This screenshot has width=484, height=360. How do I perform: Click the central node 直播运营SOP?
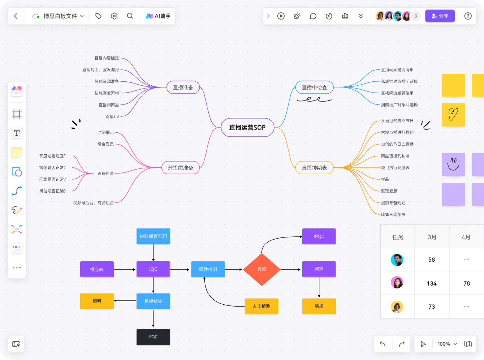[247, 128]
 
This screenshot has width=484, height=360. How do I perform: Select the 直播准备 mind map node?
[183, 87]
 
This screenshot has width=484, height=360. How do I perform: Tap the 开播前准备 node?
[181, 168]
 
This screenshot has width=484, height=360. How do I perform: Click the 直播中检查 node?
[314, 87]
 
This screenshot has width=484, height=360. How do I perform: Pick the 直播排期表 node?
[314, 168]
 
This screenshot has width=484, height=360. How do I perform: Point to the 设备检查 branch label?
[105, 173]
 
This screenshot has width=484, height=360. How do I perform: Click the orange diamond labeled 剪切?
[262, 269]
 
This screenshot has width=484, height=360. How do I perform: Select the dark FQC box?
[153, 337]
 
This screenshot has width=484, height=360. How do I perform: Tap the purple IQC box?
[153, 269]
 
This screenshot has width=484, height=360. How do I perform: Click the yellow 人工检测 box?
[262, 306]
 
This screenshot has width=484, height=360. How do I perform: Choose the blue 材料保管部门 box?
[153, 236]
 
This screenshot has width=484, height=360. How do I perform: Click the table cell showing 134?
[432, 283]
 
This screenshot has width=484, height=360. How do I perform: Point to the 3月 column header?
[432, 237]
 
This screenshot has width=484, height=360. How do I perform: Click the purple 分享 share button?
[440, 16]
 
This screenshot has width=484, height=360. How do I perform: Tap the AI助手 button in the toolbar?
[158, 16]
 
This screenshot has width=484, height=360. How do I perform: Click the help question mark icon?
[468, 16]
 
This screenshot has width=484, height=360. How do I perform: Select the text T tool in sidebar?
[17, 133]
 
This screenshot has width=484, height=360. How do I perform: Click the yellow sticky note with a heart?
[453, 115]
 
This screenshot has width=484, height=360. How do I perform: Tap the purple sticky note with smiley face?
[453, 164]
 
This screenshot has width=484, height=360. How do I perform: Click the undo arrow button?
[383, 344]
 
